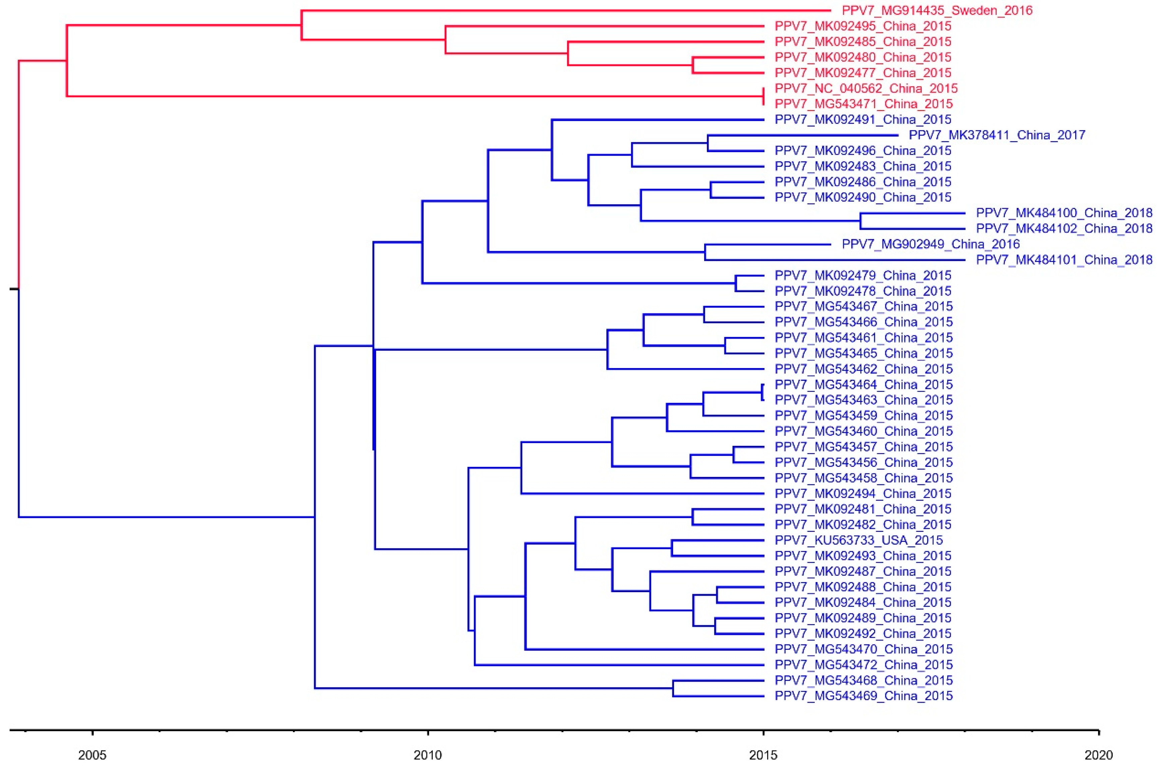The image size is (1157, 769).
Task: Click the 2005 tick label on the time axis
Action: pos(92,754)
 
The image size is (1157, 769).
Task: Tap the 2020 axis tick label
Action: pos(1099,754)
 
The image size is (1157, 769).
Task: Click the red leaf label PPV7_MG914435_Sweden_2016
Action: pos(937,10)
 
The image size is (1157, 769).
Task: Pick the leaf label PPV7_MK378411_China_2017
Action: pos(997,135)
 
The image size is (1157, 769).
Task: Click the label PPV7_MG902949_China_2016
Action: pos(930,244)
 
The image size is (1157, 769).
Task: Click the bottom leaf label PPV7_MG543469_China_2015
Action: pos(864,695)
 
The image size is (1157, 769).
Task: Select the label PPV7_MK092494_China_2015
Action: pos(863,493)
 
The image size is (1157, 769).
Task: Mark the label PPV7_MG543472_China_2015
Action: pos(864,665)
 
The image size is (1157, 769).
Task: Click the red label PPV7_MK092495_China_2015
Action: pos(863,26)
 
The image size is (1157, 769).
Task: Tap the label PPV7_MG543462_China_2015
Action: pos(864,369)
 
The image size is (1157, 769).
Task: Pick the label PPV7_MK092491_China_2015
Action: pos(863,119)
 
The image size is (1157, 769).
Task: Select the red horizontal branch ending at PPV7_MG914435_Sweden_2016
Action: pos(564,10)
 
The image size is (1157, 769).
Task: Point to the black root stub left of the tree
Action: pos(14,289)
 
